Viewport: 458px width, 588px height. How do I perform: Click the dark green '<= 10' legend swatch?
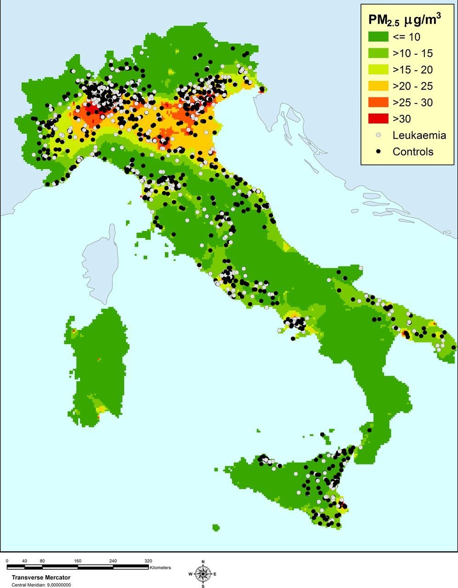tap(377, 37)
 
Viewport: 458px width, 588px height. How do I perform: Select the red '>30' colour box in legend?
tap(377, 119)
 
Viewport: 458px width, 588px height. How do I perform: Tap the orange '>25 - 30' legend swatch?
tap(377, 102)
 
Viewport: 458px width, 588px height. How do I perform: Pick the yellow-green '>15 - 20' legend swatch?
tap(377, 70)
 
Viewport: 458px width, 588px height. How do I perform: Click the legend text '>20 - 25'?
tap(413, 86)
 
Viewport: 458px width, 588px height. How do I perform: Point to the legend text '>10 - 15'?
tap(413, 53)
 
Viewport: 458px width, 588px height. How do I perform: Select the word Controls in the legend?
tap(413, 152)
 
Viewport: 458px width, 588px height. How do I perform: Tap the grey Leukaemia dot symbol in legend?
tap(378, 135)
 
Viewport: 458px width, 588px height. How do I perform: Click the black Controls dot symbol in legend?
tap(378, 151)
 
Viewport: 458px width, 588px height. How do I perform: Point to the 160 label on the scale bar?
tap(78, 561)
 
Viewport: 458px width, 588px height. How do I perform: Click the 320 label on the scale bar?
tap(148, 561)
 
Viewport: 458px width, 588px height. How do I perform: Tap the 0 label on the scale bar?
tap(7, 561)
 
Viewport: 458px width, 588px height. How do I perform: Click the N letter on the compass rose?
tap(203, 562)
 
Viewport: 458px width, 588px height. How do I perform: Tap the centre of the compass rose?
tap(203, 573)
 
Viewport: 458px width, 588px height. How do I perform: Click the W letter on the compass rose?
tap(191, 574)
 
